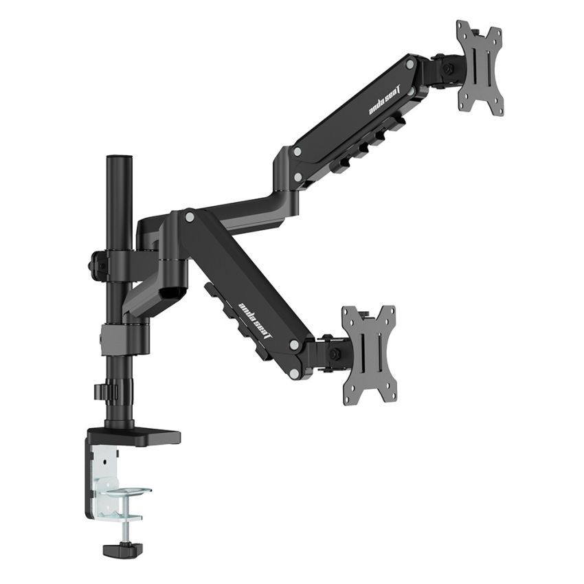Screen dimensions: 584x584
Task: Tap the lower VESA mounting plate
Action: [370, 354]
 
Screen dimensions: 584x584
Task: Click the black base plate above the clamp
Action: [134, 436]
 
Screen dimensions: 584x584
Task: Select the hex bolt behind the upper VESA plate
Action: [447, 69]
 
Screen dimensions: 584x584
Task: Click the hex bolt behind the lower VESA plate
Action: [336, 353]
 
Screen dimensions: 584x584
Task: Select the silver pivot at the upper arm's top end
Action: [410, 65]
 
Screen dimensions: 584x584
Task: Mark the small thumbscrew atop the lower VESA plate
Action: [366, 315]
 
